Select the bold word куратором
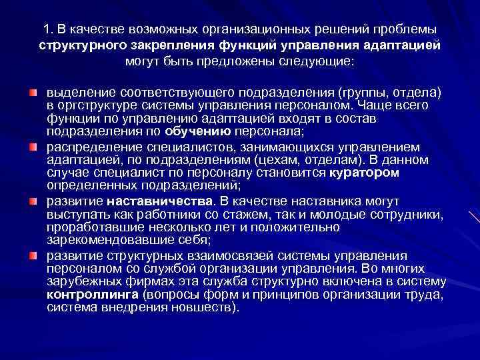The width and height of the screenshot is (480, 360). (364, 173)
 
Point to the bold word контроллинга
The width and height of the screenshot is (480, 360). (88, 295)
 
